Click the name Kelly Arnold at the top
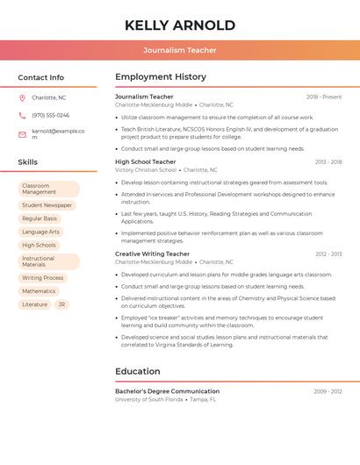(x=180, y=25)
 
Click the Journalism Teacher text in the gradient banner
(x=180, y=50)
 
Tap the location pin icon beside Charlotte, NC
(x=22, y=97)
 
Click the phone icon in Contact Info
(x=22, y=115)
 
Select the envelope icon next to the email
(x=22, y=134)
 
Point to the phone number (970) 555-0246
(x=50, y=115)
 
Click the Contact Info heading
(x=41, y=77)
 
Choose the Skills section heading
(x=28, y=162)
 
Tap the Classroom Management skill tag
(x=48, y=189)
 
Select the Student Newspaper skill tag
(x=47, y=205)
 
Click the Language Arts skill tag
(x=40, y=232)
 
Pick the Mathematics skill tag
(x=39, y=291)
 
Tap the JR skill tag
(x=61, y=304)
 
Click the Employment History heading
(x=161, y=76)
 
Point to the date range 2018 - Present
(x=324, y=97)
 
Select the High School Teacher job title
(x=146, y=161)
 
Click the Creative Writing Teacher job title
(x=152, y=254)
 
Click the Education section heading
(x=138, y=371)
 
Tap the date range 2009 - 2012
(x=328, y=391)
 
